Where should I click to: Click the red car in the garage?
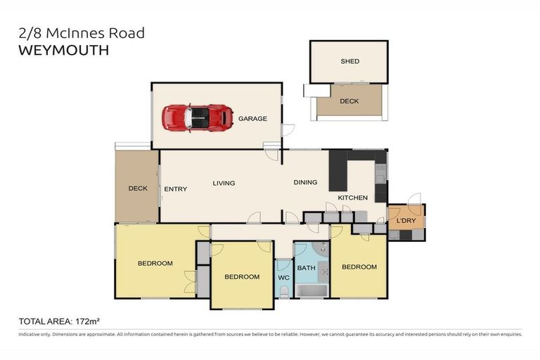pyautogui.click(x=198, y=117)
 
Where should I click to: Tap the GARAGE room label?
pyautogui.click(x=252, y=119)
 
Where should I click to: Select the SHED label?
pyautogui.click(x=349, y=61)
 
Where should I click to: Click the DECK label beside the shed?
pyautogui.click(x=349, y=101)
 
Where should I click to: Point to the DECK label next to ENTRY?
pyautogui.click(x=138, y=188)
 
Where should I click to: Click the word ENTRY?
pyautogui.click(x=175, y=189)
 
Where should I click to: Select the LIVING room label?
pyautogui.click(x=224, y=184)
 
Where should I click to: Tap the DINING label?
pyautogui.click(x=305, y=183)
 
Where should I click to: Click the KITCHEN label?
pyautogui.click(x=352, y=198)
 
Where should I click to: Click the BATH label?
pyautogui.click(x=307, y=268)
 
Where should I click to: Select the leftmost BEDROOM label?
pyautogui.click(x=155, y=264)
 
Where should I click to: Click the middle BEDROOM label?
pyautogui.click(x=242, y=277)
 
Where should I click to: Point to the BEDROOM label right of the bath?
pyautogui.click(x=359, y=267)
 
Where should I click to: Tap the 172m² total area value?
pyautogui.click(x=102, y=321)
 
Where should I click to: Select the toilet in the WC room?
pyautogui.click(x=283, y=290)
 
